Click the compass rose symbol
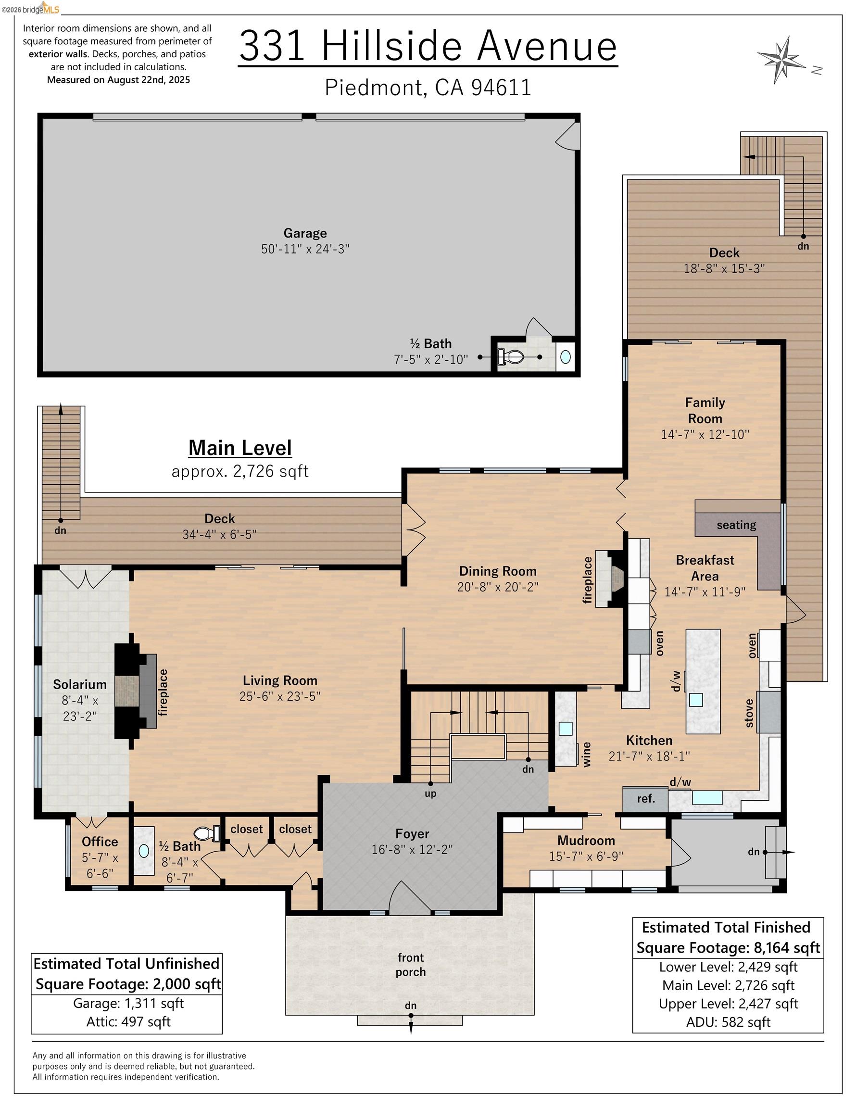click(782, 59)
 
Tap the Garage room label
click(305, 233)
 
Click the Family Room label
click(705, 410)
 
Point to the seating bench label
click(736, 525)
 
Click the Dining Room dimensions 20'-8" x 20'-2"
click(497, 587)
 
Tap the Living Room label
click(279, 680)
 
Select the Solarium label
click(80, 684)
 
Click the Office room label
click(100, 842)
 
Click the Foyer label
click(412, 833)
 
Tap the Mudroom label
click(586, 840)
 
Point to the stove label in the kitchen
click(749, 713)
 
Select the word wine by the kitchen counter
click(587, 754)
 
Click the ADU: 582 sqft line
click(728, 1022)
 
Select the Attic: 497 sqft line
click(128, 1021)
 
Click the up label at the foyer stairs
click(430, 793)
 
